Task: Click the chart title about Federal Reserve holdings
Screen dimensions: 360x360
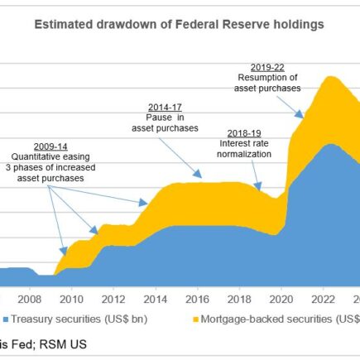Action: pos(179,25)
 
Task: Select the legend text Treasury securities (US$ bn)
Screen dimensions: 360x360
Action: pos(74,318)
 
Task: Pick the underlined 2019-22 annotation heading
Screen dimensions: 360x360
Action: pos(267,66)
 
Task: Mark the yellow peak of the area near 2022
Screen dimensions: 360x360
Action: pos(330,77)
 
